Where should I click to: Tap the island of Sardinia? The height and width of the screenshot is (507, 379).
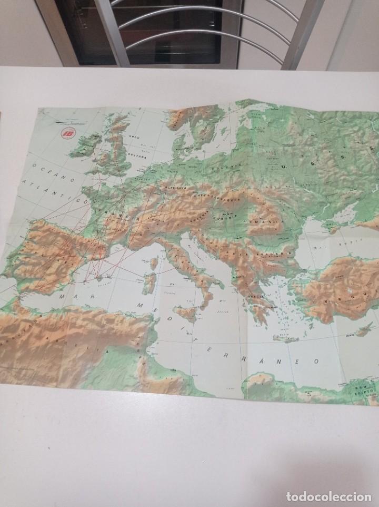[149, 282]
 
